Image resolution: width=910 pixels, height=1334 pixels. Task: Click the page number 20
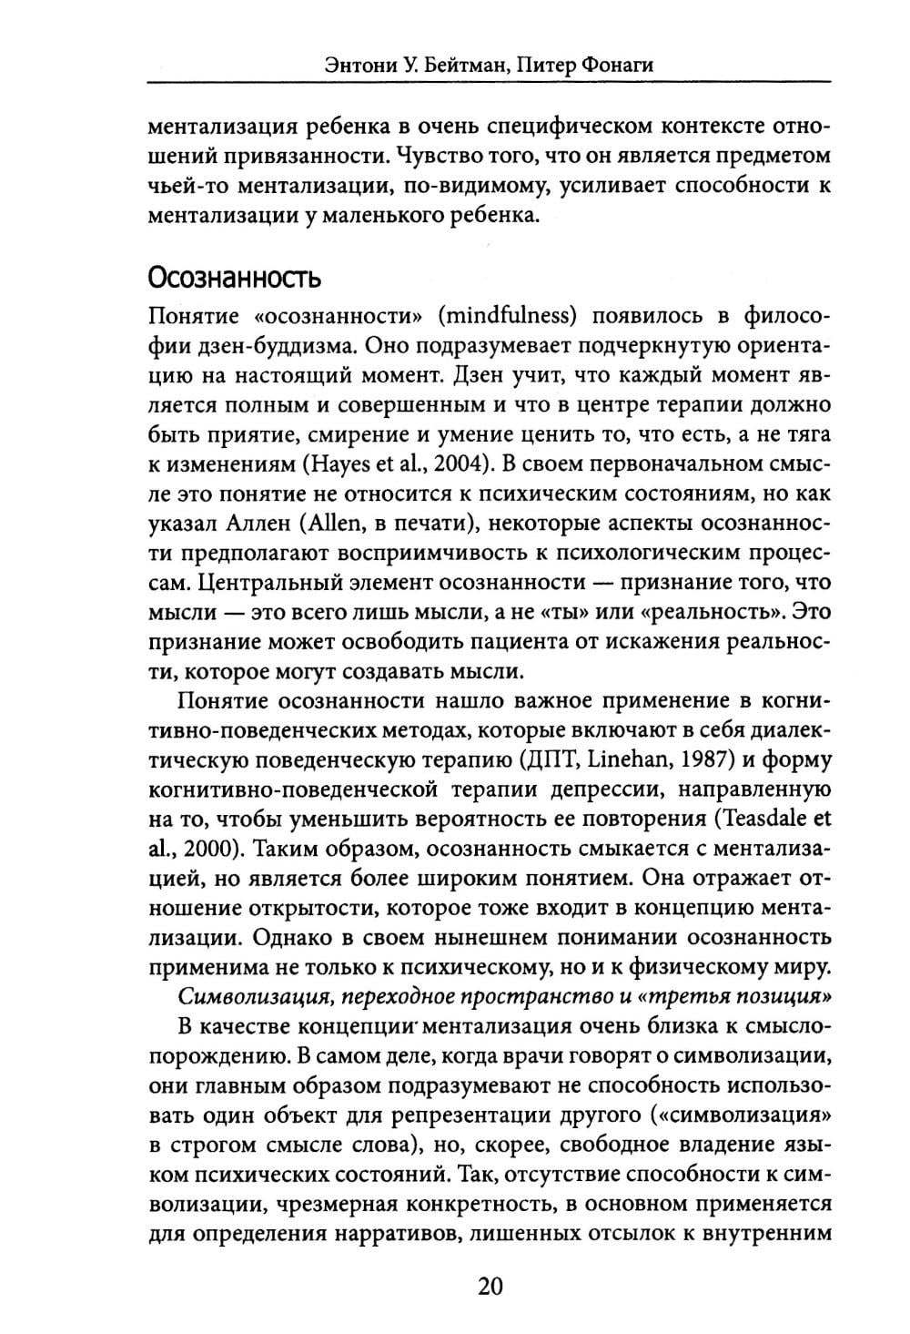pos(490,1286)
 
